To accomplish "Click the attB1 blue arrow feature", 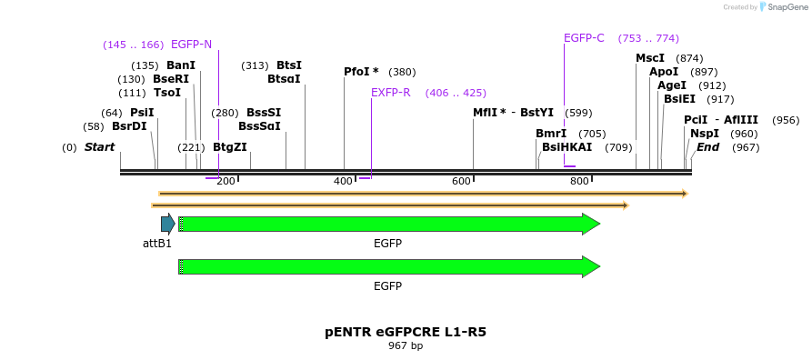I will pyautogui.click(x=167, y=224).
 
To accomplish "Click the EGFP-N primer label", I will pyautogui.click(x=191, y=44).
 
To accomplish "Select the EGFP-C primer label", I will pyautogui.click(x=584, y=38).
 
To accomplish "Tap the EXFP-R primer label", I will pyautogui.click(x=391, y=93).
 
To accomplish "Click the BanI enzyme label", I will pyautogui.click(x=181, y=65).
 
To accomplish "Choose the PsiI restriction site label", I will pyautogui.click(x=142, y=113).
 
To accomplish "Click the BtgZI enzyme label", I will pyautogui.click(x=229, y=147).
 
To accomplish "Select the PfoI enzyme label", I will pyautogui.click(x=361, y=72).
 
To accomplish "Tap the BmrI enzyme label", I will pyautogui.click(x=551, y=134).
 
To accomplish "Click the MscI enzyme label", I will pyautogui.click(x=650, y=58).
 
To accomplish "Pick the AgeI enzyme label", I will pyautogui.click(x=672, y=85).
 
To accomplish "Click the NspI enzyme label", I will pyautogui.click(x=705, y=134).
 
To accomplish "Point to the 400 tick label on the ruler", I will pyautogui.click(x=343, y=182).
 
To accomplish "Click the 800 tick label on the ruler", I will pyautogui.click(x=579, y=182).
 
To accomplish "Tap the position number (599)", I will pyautogui.click(x=578, y=114).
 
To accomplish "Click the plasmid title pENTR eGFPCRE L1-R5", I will pyautogui.click(x=406, y=332).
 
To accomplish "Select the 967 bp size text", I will pyautogui.click(x=406, y=346).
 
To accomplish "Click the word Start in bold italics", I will pyautogui.click(x=99, y=147).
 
